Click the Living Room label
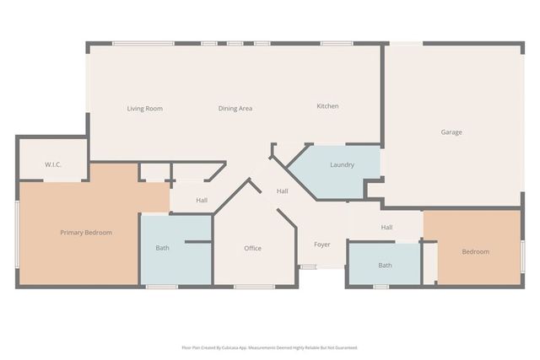pos(144,109)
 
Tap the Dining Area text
pos(235,109)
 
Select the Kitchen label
pos(327,106)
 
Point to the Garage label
pos(451,132)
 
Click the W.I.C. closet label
pos(53,165)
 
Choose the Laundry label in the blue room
pos(342,165)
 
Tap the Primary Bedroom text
pos(86,233)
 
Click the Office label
pos(252,249)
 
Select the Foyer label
pos(322,245)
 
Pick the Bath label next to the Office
pos(162,249)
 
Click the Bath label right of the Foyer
pos(385,266)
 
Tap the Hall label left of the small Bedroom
pos(386,228)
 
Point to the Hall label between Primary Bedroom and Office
pos(202,201)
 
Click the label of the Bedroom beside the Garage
pos(475,252)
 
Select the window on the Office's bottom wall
pos(254,287)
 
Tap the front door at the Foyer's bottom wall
pos(309,267)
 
